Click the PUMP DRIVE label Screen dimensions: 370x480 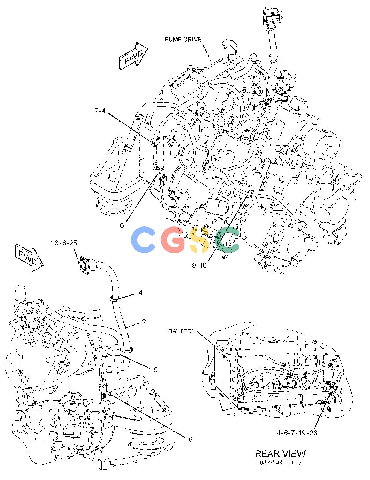coord(183,40)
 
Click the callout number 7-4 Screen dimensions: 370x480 coord(100,110)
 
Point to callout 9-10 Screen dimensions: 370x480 coord(199,265)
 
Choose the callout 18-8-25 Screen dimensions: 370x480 coord(64,243)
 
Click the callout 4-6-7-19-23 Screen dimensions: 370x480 coord(297,433)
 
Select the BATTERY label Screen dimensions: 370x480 coord(182,331)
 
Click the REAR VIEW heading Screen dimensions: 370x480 coord(280,453)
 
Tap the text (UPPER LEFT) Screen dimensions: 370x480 coord(280,462)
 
